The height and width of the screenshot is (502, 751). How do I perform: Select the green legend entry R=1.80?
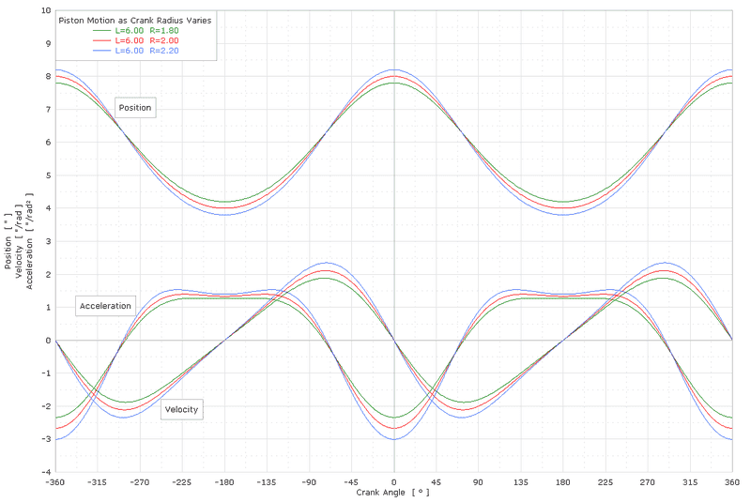point(146,30)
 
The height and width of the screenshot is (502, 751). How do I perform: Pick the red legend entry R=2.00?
point(146,40)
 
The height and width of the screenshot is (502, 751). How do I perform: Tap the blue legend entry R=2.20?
point(146,51)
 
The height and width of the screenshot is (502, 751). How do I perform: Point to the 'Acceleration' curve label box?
point(105,307)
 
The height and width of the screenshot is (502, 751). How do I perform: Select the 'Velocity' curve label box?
point(181,409)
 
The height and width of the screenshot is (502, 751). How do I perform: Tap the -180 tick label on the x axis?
point(224,481)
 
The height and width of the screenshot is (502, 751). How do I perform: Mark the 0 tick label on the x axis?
point(394,481)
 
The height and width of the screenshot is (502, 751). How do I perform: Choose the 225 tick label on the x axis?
point(605,481)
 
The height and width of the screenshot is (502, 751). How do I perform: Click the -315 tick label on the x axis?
point(98,481)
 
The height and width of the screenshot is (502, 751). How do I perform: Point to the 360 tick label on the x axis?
point(731,481)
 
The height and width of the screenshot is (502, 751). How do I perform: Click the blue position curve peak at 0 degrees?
point(394,69)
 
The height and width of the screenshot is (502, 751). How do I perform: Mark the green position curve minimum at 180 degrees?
point(563,202)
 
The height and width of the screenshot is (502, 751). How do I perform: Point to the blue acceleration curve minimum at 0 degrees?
point(394,439)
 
